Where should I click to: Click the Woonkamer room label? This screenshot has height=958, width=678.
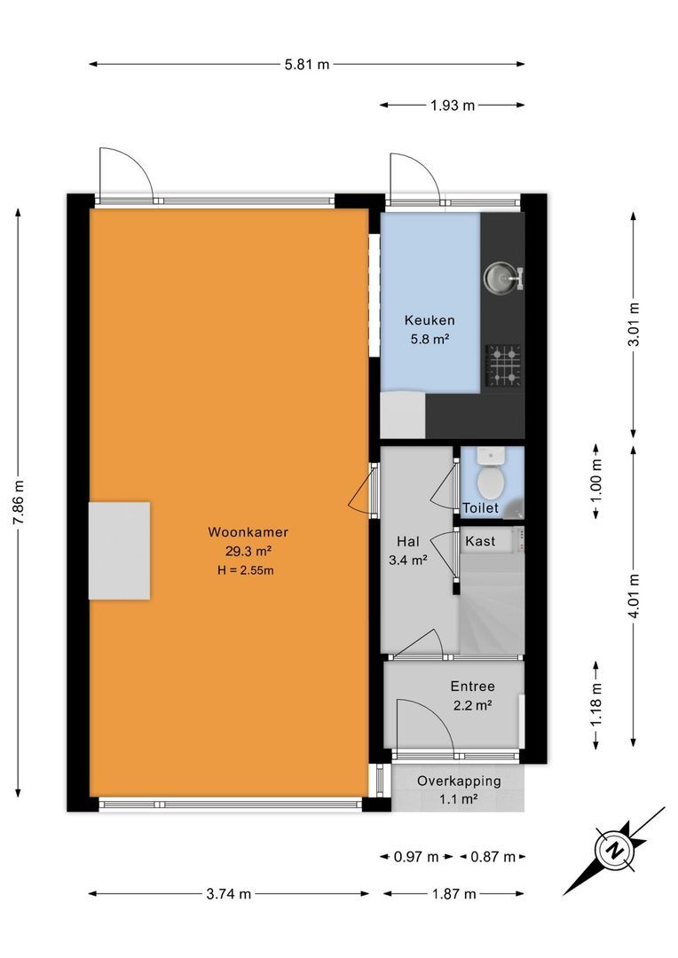click(x=248, y=533)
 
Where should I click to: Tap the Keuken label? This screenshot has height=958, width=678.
click(x=430, y=320)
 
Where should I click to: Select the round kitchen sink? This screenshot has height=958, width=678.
click(x=501, y=279)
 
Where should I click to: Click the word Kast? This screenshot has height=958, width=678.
click(x=480, y=540)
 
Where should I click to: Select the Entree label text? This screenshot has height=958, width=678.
click(x=472, y=687)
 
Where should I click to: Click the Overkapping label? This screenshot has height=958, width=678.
click(x=459, y=781)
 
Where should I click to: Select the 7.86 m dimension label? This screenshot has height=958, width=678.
click(x=19, y=502)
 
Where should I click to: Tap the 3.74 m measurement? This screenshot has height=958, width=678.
click(x=228, y=893)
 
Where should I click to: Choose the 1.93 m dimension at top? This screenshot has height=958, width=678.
click(x=453, y=106)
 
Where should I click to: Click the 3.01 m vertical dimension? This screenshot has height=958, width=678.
click(x=633, y=325)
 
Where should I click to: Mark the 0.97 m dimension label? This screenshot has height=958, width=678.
click(x=416, y=857)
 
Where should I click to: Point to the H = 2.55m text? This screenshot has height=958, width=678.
click(x=246, y=570)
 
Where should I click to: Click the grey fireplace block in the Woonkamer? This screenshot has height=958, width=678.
click(x=118, y=550)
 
